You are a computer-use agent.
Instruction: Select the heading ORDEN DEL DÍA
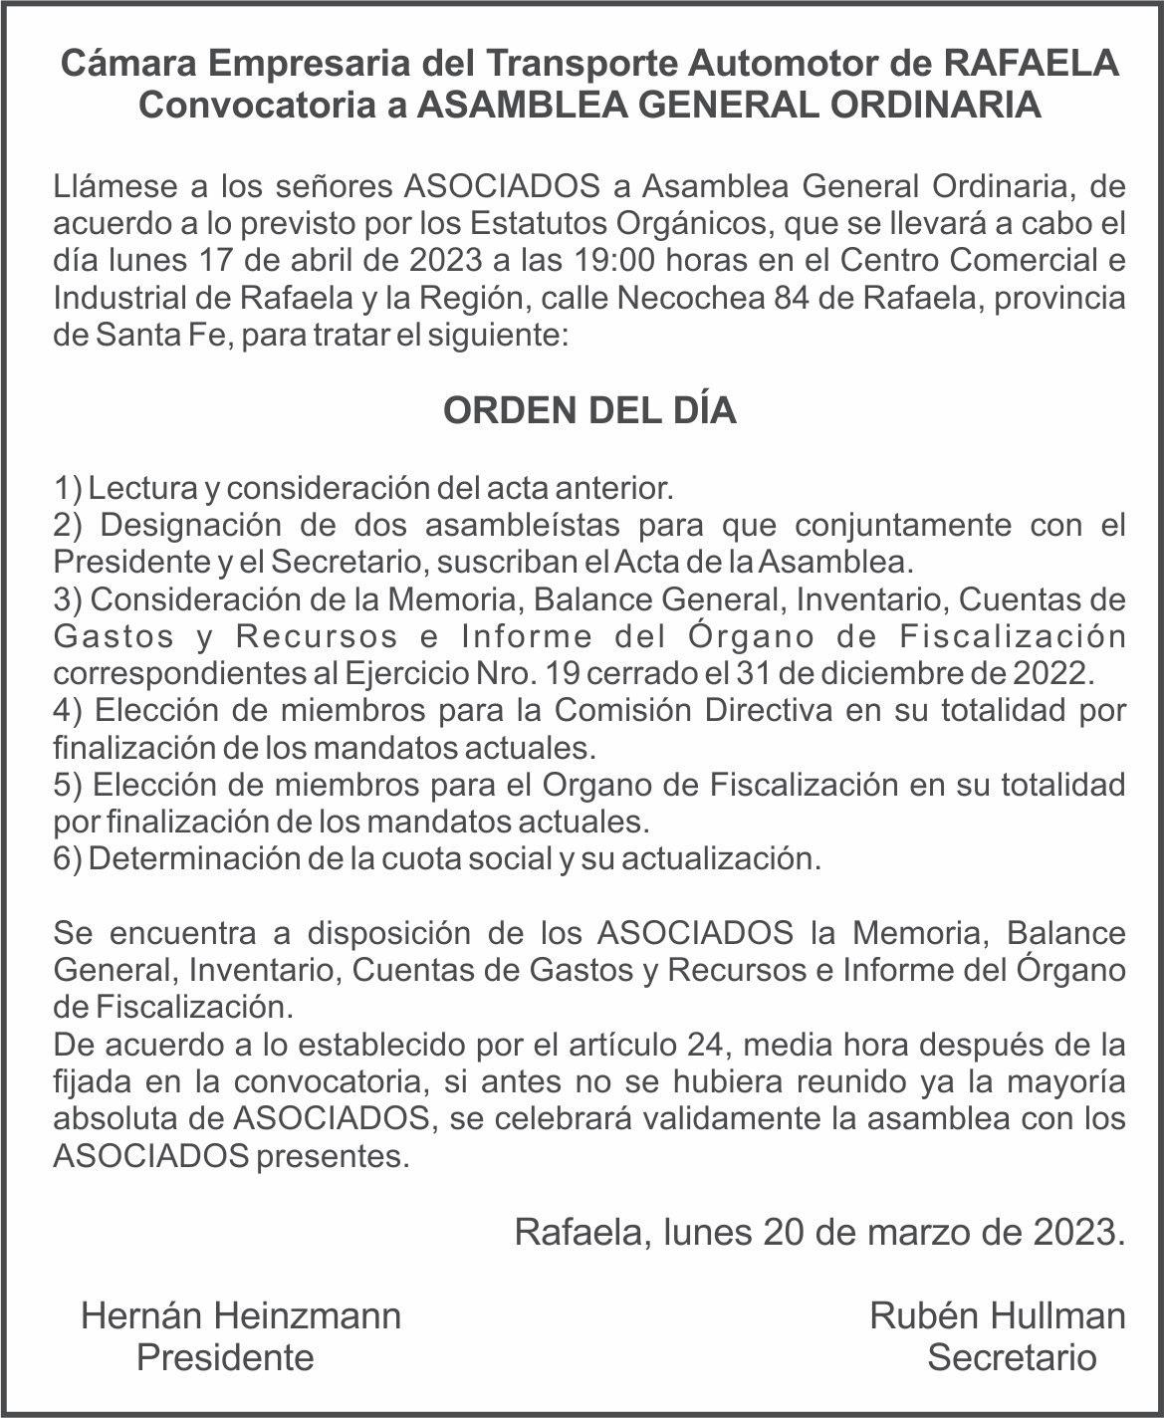click(589, 410)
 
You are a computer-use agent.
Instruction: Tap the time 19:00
click(616, 260)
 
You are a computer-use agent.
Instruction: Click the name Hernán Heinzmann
click(240, 1315)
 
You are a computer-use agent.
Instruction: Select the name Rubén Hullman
click(998, 1315)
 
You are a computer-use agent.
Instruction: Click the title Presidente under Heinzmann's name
click(225, 1356)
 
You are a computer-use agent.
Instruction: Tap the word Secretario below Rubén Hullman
click(1012, 1356)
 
